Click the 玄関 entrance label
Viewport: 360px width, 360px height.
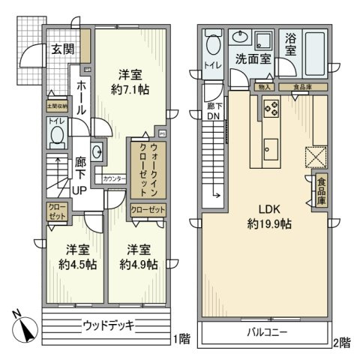[x=61, y=49]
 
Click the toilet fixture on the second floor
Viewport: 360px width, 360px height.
[x=212, y=46]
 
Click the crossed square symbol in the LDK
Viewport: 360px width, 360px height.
[x=313, y=157]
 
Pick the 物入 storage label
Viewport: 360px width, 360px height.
[x=265, y=88]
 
